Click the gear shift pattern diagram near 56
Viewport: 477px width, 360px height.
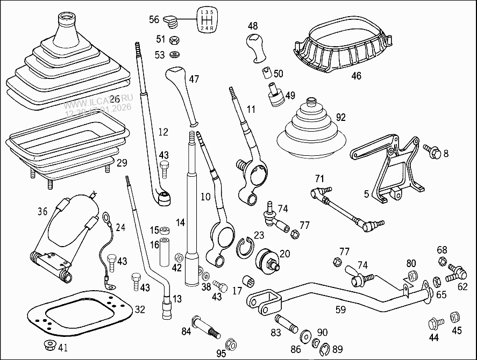click(207, 19)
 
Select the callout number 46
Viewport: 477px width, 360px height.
click(356, 76)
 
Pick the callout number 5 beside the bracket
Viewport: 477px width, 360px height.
click(366, 194)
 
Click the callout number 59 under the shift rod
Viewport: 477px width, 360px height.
click(340, 309)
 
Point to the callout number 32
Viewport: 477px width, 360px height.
click(140, 309)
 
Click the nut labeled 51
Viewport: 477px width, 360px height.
click(174, 40)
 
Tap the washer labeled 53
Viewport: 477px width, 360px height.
click(174, 54)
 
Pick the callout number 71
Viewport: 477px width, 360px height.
click(320, 178)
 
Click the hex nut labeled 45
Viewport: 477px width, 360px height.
click(455, 316)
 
